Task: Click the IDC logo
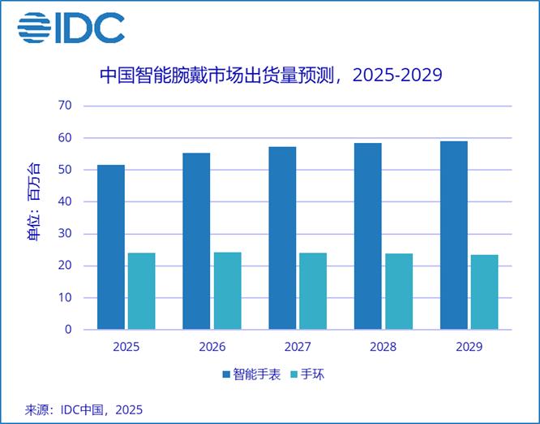(x=71, y=27)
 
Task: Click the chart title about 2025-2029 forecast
(x=270, y=76)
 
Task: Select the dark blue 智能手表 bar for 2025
(x=111, y=247)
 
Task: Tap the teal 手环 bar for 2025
(x=141, y=291)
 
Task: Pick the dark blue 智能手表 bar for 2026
(x=197, y=241)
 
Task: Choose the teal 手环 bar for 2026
(x=227, y=291)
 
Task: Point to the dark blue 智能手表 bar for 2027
(x=283, y=238)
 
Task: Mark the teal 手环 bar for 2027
(x=313, y=291)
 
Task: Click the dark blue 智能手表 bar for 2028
(x=368, y=236)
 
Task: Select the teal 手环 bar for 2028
(x=399, y=292)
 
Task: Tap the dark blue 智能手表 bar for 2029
(x=454, y=236)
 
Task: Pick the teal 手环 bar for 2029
(x=485, y=292)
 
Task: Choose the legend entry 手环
(x=311, y=374)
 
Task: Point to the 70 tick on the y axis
(x=65, y=106)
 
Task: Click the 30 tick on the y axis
(x=65, y=234)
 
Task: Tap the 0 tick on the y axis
(x=68, y=330)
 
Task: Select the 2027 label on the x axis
(x=298, y=347)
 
